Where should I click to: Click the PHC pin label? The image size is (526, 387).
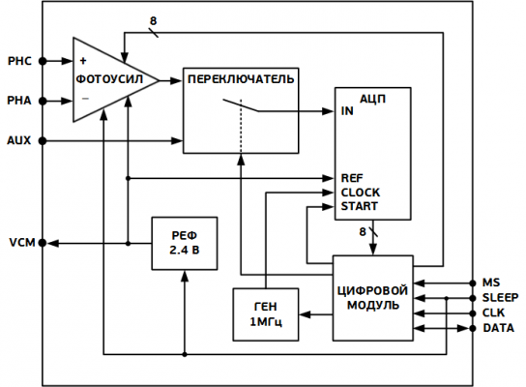point(19,61)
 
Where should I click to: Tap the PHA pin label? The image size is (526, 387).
point(19,101)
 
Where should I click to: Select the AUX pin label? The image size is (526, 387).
point(19,140)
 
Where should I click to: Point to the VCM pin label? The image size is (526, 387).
point(22,242)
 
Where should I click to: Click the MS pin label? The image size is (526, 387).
point(491,283)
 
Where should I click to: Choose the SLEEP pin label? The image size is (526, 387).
point(501,298)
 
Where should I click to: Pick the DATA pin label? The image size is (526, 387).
point(499,328)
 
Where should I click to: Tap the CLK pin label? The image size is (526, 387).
point(493,313)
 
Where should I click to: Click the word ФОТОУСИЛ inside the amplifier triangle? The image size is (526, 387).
point(109,79)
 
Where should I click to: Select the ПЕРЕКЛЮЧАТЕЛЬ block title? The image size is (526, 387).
point(241,79)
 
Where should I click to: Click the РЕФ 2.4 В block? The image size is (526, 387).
point(185,244)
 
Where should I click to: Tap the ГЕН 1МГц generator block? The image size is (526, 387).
point(266,314)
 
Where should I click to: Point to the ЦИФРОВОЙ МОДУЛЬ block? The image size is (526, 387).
point(373,298)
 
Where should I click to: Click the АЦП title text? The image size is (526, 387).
point(372,100)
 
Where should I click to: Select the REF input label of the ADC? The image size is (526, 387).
point(352,178)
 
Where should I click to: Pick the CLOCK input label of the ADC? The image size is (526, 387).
point(361,193)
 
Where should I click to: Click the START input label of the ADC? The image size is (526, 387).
point(360,206)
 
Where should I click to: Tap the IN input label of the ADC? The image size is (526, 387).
point(347,111)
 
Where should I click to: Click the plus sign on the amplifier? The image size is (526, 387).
point(83,61)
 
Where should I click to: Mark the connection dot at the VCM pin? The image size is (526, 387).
point(43,243)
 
